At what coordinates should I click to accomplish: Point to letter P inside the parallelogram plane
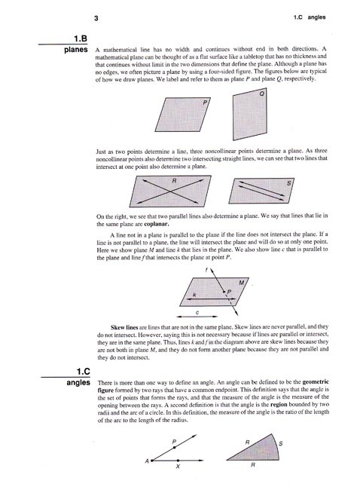(x=204, y=102)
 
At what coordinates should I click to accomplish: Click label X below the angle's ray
(x=177, y=467)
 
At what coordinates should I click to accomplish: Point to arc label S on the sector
(x=280, y=443)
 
